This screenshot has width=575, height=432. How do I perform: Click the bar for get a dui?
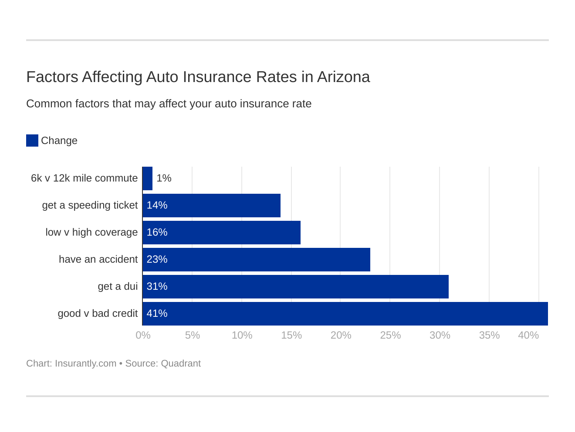point(295,287)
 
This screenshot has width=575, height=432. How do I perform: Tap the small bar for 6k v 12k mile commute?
point(147,178)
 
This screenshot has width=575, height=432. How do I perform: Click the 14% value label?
point(157,205)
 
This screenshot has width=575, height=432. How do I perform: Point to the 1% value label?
point(164,178)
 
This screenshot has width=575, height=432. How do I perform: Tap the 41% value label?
point(157,313)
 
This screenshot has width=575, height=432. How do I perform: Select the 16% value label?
point(157,232)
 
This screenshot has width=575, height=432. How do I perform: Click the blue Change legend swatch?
point(32,141)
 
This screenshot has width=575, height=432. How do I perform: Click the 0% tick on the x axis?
point(143,335)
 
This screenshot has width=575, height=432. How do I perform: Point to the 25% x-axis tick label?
point(390,335)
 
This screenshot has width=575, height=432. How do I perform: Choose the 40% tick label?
point(528,335)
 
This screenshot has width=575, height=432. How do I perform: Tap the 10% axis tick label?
point(242,335)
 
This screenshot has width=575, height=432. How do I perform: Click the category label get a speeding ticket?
point(90,205)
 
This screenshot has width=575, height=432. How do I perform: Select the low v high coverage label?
point(91,232)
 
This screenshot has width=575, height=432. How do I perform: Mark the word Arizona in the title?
point(343,77)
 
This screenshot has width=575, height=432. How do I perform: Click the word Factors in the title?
point(52,77)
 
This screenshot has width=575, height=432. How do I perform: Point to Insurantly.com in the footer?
point(85,363)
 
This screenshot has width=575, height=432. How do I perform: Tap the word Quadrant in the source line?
point(181,363)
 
